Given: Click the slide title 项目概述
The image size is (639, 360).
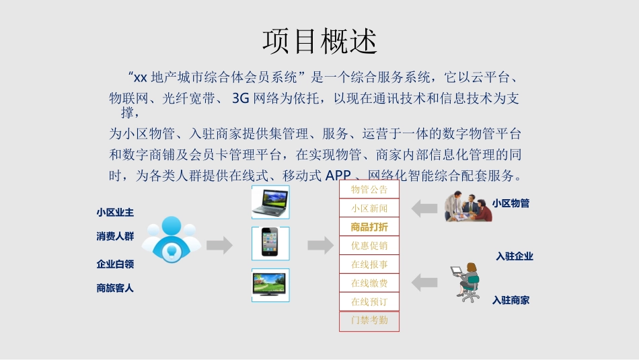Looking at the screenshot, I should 319,40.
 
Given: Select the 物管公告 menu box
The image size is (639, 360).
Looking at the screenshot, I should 369,190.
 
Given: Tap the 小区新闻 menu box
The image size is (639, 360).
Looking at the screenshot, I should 369,209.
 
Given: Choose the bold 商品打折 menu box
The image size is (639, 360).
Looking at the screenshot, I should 369,227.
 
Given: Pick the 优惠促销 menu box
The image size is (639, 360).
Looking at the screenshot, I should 369,246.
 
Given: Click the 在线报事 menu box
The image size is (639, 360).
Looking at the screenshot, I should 369,265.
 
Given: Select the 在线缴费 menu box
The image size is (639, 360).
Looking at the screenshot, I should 369,284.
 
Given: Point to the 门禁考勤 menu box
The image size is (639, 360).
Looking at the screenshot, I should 369,321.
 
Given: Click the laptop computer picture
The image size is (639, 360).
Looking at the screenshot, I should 270,203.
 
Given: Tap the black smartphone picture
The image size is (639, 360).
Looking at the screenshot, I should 270,243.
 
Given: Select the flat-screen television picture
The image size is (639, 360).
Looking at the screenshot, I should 270,285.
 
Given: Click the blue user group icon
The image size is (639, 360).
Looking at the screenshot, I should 172,240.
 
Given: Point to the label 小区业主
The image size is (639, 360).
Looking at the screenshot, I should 115,213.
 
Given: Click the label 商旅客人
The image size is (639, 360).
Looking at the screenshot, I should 115,288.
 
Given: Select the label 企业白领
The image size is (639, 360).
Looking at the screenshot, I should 115,264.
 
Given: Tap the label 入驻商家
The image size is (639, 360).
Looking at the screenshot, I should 511,300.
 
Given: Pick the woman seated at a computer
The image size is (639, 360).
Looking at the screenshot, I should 465,282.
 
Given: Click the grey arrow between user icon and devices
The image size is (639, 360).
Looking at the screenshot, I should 219,246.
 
